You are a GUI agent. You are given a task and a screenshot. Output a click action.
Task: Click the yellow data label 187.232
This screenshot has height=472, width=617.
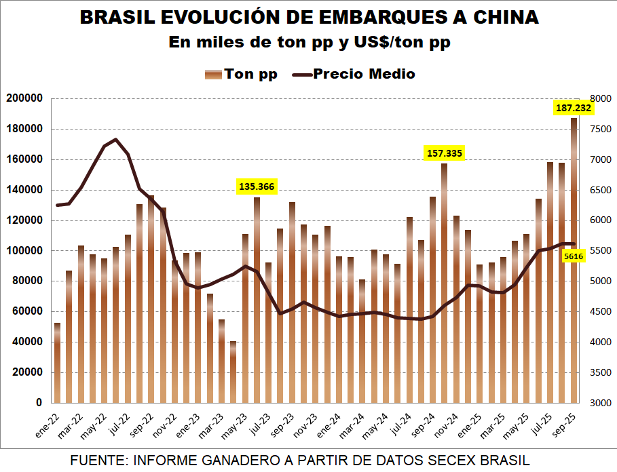574,108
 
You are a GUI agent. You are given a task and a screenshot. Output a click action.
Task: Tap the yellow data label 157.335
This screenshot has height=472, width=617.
445,154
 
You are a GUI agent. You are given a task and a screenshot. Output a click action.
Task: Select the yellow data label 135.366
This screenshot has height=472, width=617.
257,186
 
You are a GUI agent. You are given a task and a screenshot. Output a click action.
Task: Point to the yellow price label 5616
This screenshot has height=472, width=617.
574,256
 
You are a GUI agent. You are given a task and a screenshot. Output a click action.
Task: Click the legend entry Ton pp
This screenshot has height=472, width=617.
242,74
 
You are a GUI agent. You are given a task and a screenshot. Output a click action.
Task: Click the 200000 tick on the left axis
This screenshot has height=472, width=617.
24,99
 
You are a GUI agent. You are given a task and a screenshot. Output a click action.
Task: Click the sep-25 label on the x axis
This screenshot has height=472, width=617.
567,425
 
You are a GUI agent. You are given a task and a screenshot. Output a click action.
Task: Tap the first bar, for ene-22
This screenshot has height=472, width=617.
57,363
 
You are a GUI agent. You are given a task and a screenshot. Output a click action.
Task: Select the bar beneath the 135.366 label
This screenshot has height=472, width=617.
257,298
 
